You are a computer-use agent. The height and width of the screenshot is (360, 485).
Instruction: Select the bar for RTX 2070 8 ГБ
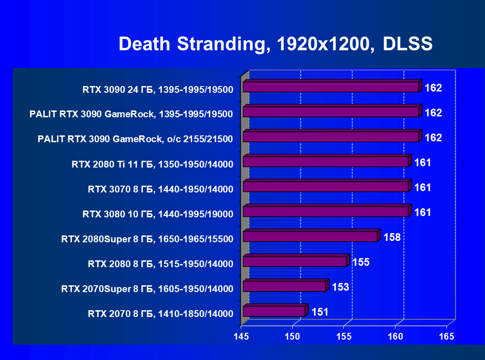point(274,311)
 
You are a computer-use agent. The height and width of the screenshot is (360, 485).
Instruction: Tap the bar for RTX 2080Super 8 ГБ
point(310,236)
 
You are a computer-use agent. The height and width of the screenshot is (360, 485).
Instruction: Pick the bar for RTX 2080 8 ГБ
point(295,261)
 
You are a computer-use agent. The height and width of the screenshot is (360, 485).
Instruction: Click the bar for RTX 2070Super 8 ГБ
point(285,286)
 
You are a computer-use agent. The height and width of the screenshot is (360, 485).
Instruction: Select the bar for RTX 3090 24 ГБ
point(331,87)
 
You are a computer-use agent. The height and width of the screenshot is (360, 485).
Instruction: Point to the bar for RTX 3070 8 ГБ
point(326,187)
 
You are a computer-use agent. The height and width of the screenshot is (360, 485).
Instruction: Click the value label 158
point(392,237)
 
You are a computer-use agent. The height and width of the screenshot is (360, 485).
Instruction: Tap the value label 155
point(361,262)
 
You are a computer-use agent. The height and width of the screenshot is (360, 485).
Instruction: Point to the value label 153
point(340,287)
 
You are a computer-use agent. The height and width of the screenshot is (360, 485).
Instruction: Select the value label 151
point(319,312)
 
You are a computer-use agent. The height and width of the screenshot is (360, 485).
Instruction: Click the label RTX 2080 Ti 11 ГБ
point(152,164)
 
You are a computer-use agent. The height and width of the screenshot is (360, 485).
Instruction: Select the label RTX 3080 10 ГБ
point(157,214)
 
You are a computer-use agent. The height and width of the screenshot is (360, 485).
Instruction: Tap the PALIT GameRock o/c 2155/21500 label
point(135,139)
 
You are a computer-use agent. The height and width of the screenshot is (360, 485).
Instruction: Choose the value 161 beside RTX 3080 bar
point(423,212)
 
